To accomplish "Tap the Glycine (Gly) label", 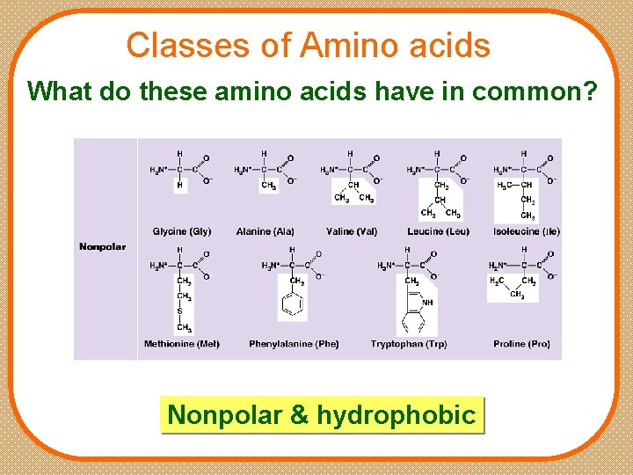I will (182, 231).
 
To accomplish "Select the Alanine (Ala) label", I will (266, 231).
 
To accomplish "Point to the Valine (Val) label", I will (352, 231).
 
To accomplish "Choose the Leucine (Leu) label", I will (438, 231).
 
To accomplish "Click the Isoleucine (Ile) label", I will (527, 231).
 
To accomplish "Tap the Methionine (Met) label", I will (182, 344).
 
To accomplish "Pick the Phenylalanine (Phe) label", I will (294, 344).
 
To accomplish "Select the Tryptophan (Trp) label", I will (409, 344).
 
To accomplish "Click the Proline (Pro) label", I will (521, 344).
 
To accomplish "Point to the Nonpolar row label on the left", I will (103, 247).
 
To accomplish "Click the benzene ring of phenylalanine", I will (293, 306).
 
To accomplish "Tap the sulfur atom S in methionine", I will (179, 311).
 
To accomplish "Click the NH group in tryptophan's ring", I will (427, 303).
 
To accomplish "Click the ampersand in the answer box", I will (300, 414).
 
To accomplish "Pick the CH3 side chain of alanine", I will (267, 186).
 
